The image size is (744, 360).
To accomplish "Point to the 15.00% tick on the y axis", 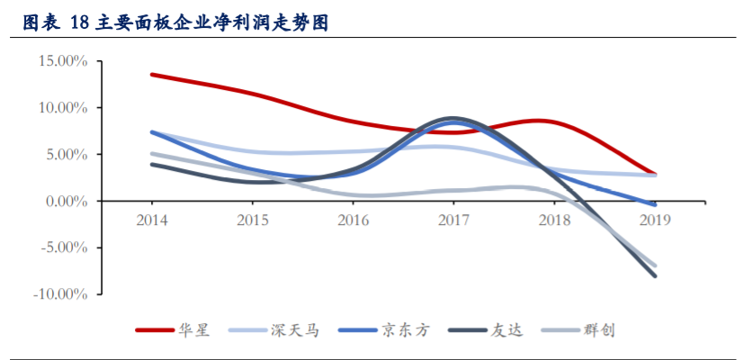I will coord(62,61).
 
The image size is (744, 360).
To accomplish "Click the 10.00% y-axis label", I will coord(62,108).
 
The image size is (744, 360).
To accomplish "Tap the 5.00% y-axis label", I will coord(66,155).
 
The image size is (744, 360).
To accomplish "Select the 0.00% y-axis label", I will coord(66,202).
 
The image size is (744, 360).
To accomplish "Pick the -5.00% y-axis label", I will coord(64,248).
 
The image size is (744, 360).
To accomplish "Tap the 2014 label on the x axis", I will coord(151,220).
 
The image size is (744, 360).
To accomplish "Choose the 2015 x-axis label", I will coord(252,220).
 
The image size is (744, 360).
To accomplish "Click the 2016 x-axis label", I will coord(353,220).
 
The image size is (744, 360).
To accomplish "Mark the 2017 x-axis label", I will coord(453,220).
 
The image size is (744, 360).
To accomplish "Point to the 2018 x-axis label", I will coord(554,220).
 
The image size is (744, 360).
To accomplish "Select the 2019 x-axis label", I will coord(655,220).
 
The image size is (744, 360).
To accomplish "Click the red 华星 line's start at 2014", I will coord(151,74).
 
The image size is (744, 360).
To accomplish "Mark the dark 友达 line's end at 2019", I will coord(655,275).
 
